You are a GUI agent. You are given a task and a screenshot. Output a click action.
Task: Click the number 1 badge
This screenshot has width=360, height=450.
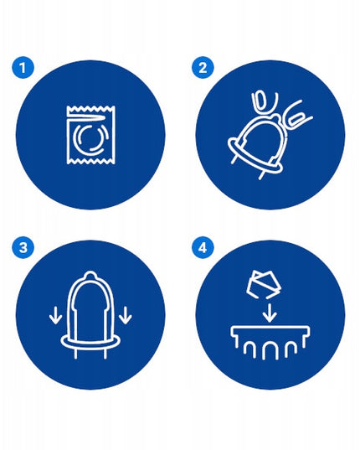pyautogui.click(x=23, y=68)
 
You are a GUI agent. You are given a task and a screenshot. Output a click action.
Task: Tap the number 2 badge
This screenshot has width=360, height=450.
pyautogui.click(x=203, y=68)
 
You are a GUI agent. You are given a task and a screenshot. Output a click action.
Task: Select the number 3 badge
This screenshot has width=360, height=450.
pyautogui.click(x=23, y=247)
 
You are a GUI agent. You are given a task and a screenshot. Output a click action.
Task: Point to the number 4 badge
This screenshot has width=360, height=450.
pyautogui.click(x=203, y=247)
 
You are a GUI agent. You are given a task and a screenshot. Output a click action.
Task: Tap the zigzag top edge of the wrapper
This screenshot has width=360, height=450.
pyautogui.click(x=91, y=108)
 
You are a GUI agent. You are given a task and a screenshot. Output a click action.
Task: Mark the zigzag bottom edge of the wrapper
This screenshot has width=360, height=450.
pyautogui.click(x=91, y=162)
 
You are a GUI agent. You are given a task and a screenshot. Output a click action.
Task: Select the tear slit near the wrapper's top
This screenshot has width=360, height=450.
pyautogui.click(x=86, y=118)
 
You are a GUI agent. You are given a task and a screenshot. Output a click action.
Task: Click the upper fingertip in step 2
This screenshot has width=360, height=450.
pyautogui.click(x=262, y=102)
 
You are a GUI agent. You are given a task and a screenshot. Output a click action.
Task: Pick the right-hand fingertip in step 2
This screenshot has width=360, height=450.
pyautogui.click(x=298, y=118)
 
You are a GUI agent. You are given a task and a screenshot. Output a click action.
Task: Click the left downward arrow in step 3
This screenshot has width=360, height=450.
pyautogui.click(x=55, y=315)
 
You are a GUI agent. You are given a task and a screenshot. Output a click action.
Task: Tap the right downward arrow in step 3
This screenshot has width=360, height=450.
pyautogui.click(x=126, y=315)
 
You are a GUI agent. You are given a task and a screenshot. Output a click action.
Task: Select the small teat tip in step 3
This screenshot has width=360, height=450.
pyautogui.click(x=90, y=276)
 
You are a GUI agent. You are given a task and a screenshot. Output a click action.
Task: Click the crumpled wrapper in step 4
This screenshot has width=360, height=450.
pyautogui.click(x=264, y=284)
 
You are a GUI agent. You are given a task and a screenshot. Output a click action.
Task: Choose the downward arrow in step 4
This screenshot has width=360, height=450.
pyautogui.click(x=269, y=313)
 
